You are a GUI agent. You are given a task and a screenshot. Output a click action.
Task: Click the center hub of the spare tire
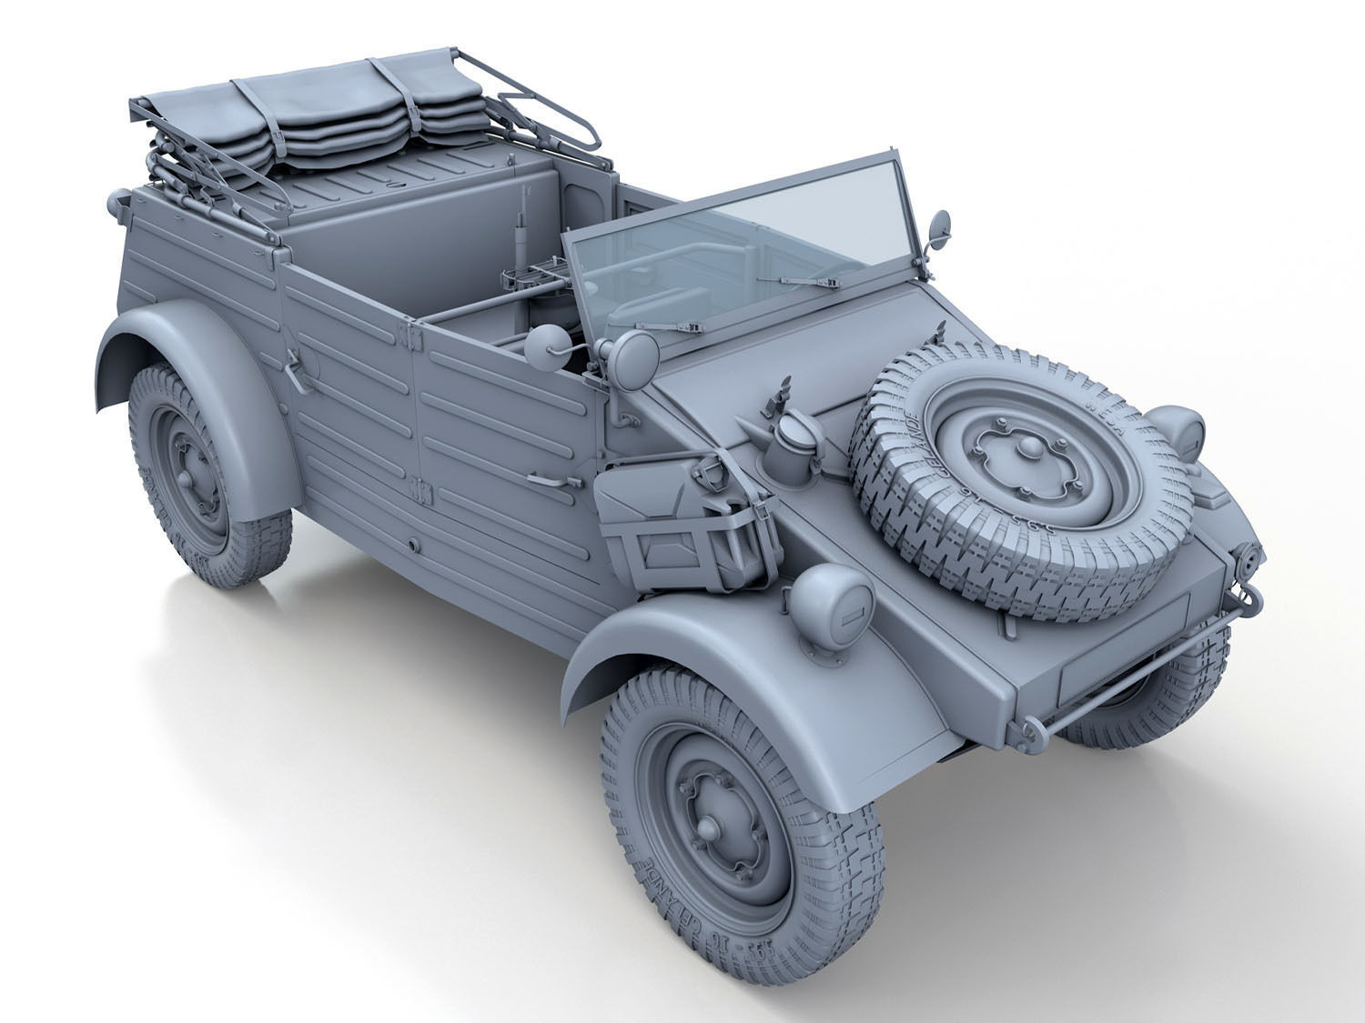[1028, 447]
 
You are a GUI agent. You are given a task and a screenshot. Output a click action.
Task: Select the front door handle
[551, 479]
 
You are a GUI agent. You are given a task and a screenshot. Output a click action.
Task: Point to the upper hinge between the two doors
[412, 337]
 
